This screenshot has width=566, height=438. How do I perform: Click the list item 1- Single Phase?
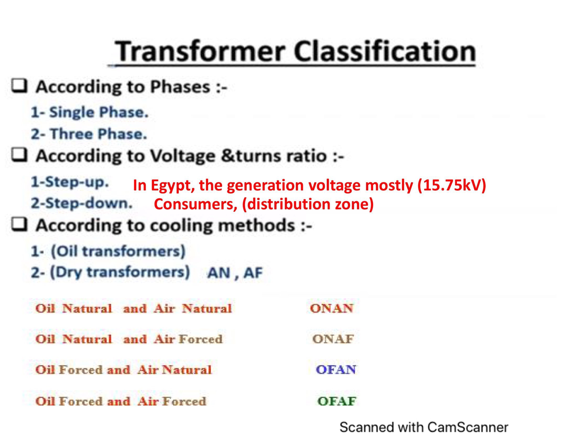pyautogui.click(x=87, y=113)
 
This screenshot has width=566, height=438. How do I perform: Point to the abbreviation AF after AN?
pyautogui.click(x=252, y=273)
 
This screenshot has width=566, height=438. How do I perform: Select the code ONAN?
pyautogui.click(x=332, y=309)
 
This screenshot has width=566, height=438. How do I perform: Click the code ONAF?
pyautogui.click(x=333, y=339)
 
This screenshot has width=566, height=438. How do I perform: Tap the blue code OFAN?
pyautogui.click(x=335, y=370)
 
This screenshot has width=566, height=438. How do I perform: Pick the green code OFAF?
pyautogui.click(x=337, y=402)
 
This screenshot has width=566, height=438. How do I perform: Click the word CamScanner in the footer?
pyautogui.click(x=467, y=428)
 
